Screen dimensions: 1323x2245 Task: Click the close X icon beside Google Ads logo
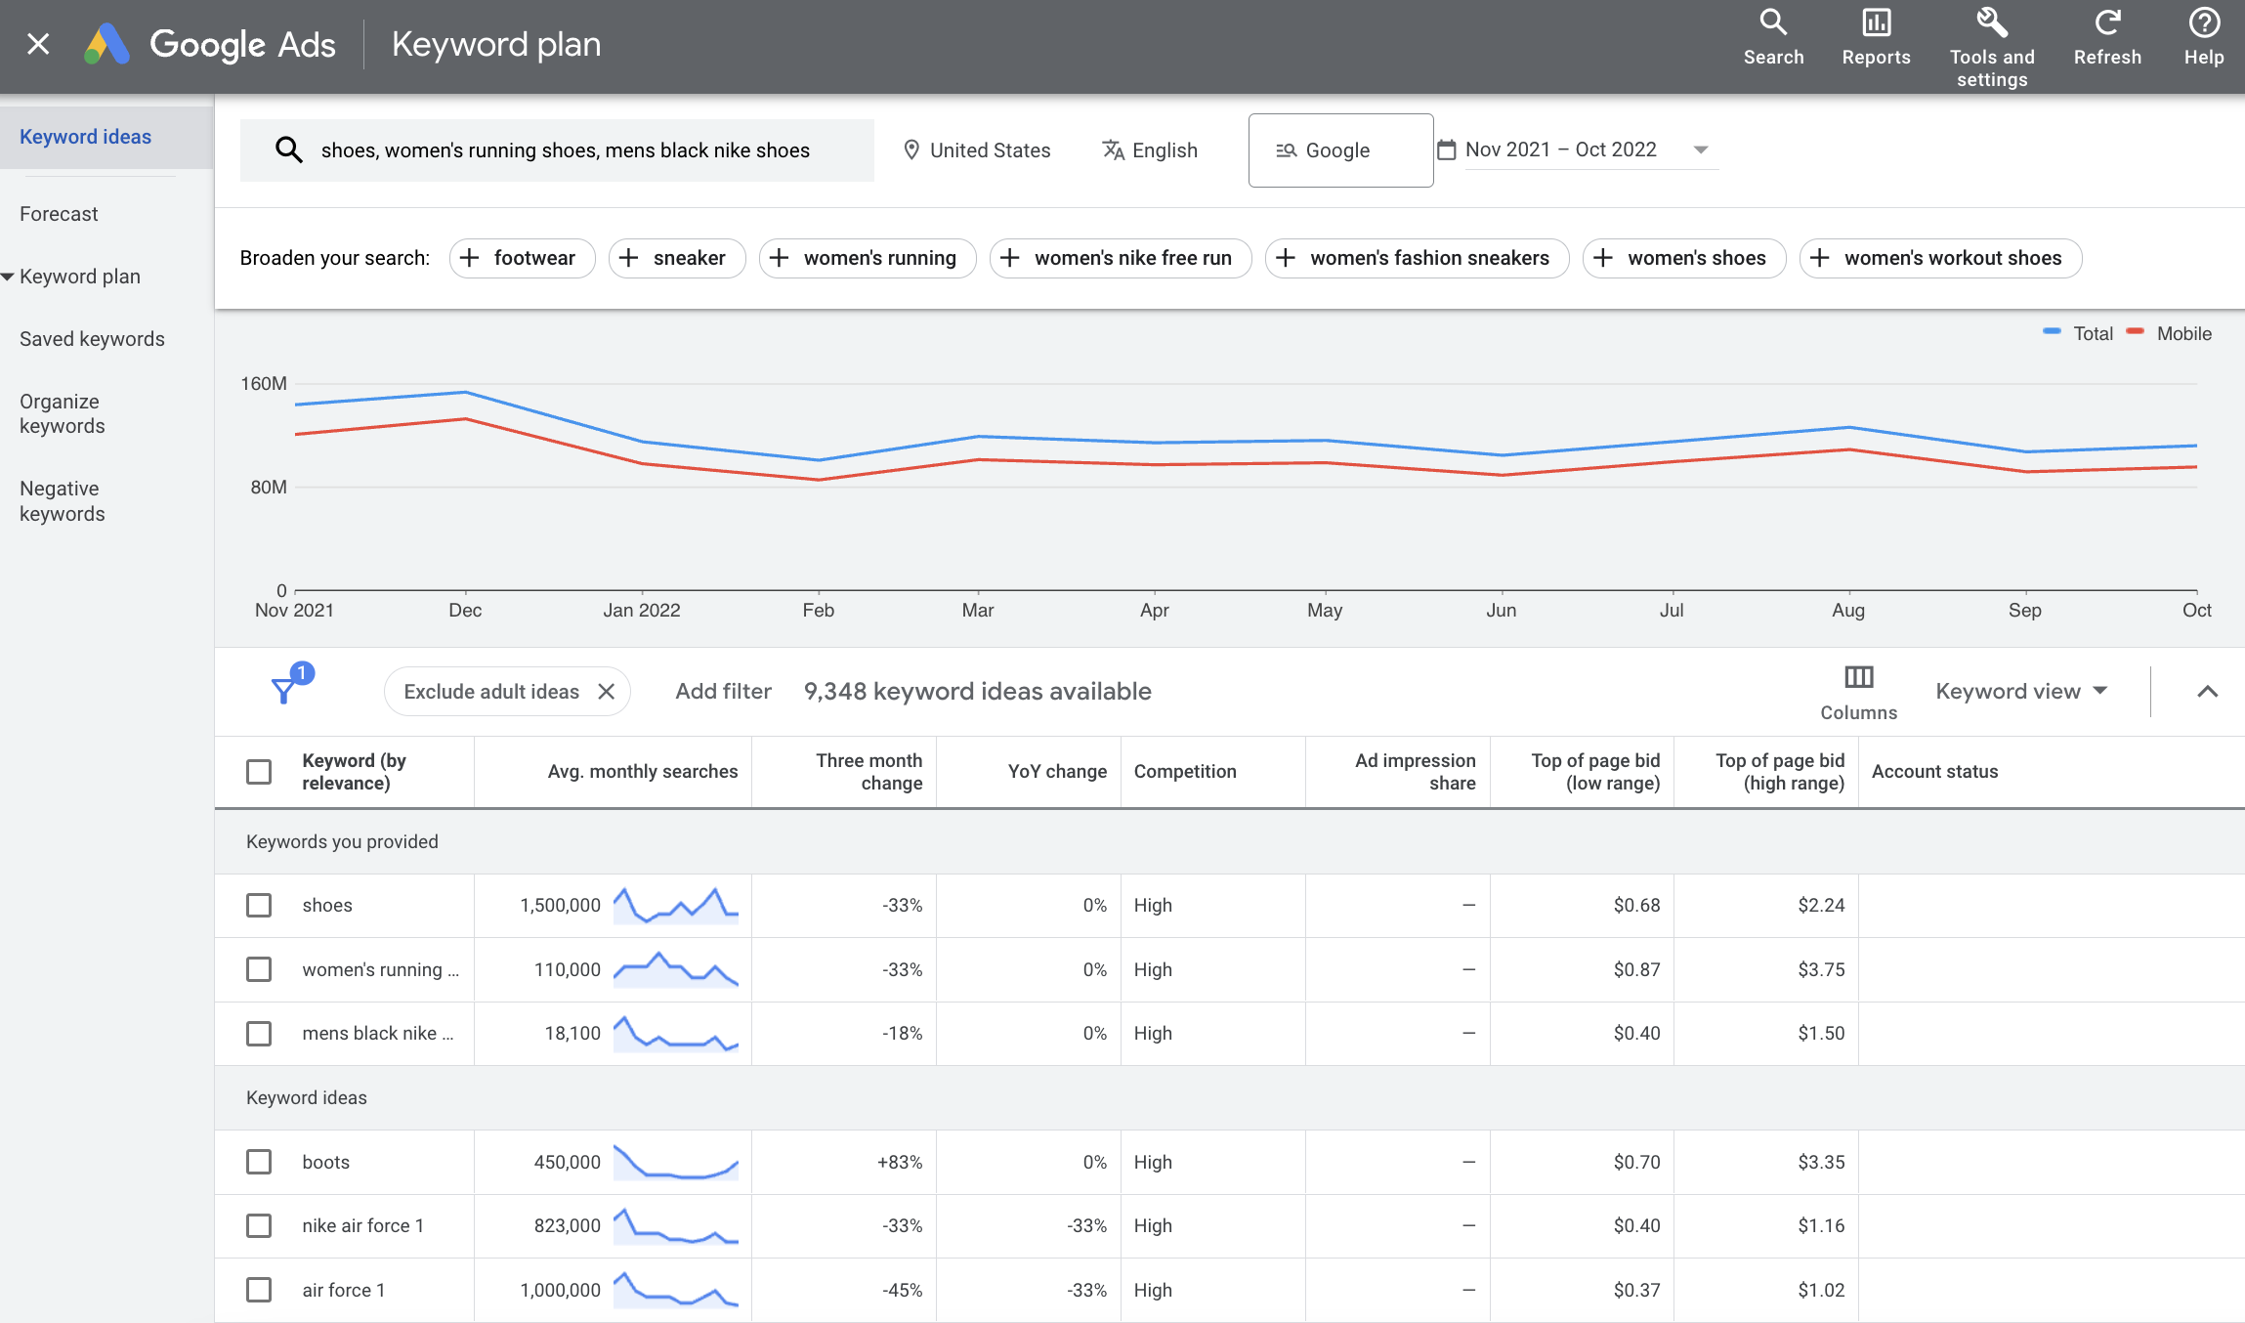point(38,44)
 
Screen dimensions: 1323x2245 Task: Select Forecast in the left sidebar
point(59,214)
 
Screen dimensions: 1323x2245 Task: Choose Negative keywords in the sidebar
point(62,501)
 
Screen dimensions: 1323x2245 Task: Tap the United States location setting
point(976,150)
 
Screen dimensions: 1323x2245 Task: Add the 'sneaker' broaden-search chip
point(676,258)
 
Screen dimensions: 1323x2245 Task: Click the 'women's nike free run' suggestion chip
point(1120,258)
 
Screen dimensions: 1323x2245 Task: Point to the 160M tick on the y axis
point(264,384)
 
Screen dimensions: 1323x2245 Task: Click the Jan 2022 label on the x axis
point(641,611)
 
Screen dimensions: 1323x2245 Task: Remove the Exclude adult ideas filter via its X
point(606,692)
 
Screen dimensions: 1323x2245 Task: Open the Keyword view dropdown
point(2020,692)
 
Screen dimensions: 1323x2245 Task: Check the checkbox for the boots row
point(259,1162)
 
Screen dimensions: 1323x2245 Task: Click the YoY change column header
point(1056,772)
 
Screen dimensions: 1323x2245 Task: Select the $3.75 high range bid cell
point(1820,970)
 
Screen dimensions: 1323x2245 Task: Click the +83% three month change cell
point(899,1163)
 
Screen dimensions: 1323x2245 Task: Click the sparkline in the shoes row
point(675,906)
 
